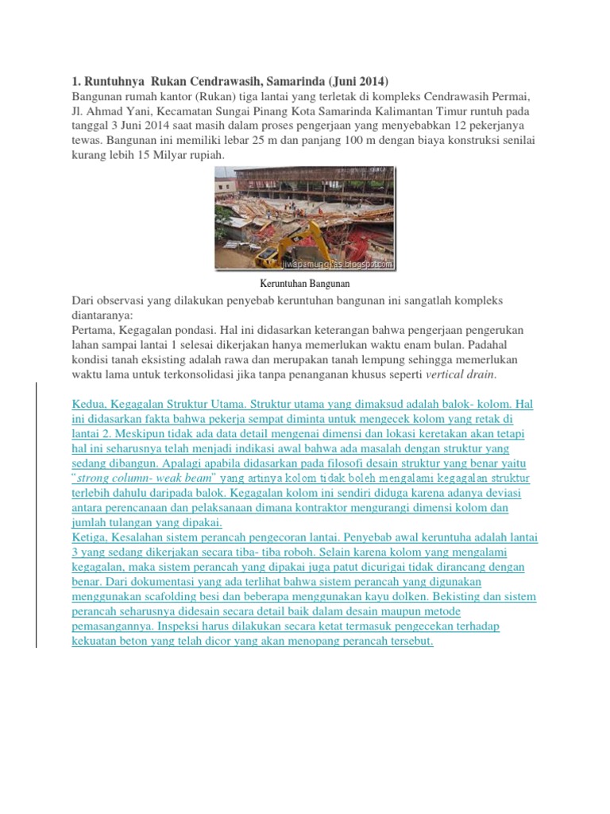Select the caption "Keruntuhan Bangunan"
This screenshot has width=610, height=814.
(305, 283)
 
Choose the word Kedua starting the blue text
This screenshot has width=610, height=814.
(91, 405)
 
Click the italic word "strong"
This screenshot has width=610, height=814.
(101, 479)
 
